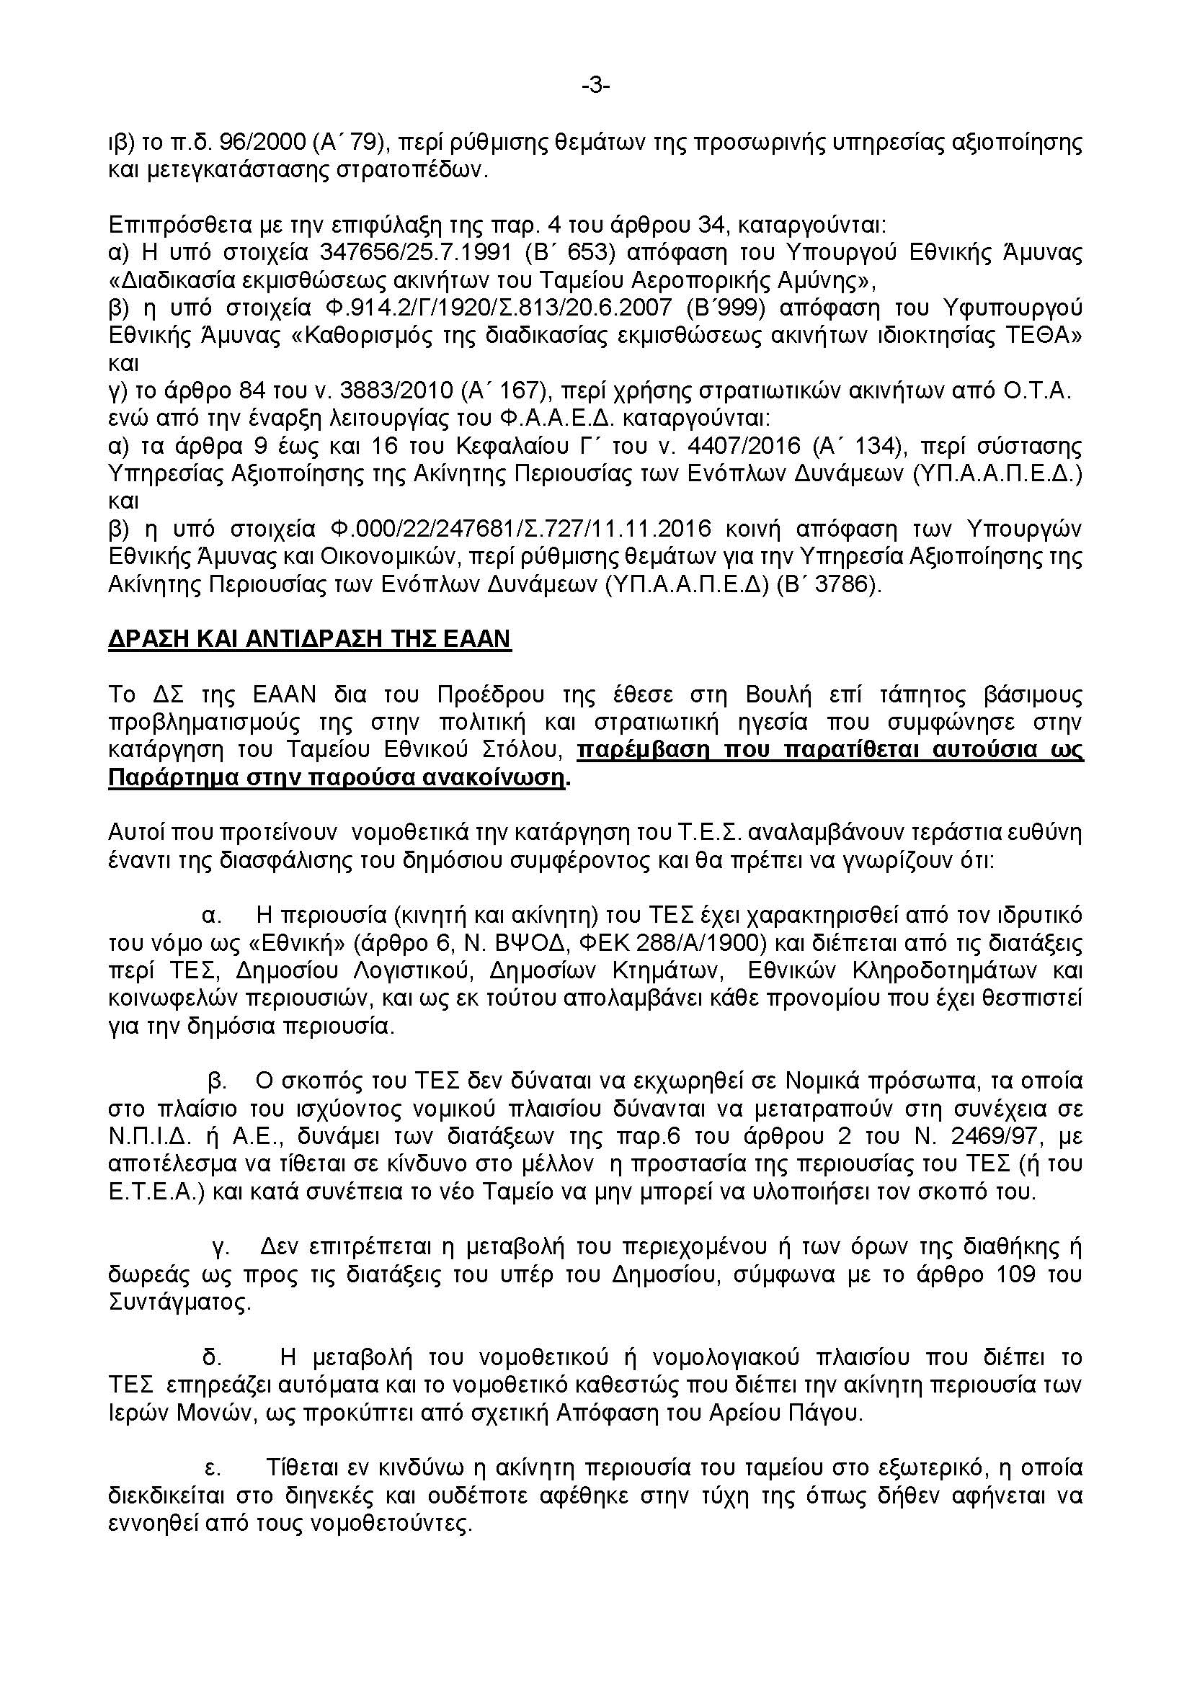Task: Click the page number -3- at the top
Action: coord(596,86)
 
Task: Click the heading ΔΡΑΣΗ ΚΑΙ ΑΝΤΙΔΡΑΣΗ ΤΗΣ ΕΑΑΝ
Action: coord(309,638)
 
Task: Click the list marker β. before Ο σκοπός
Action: coord(216,1081)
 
